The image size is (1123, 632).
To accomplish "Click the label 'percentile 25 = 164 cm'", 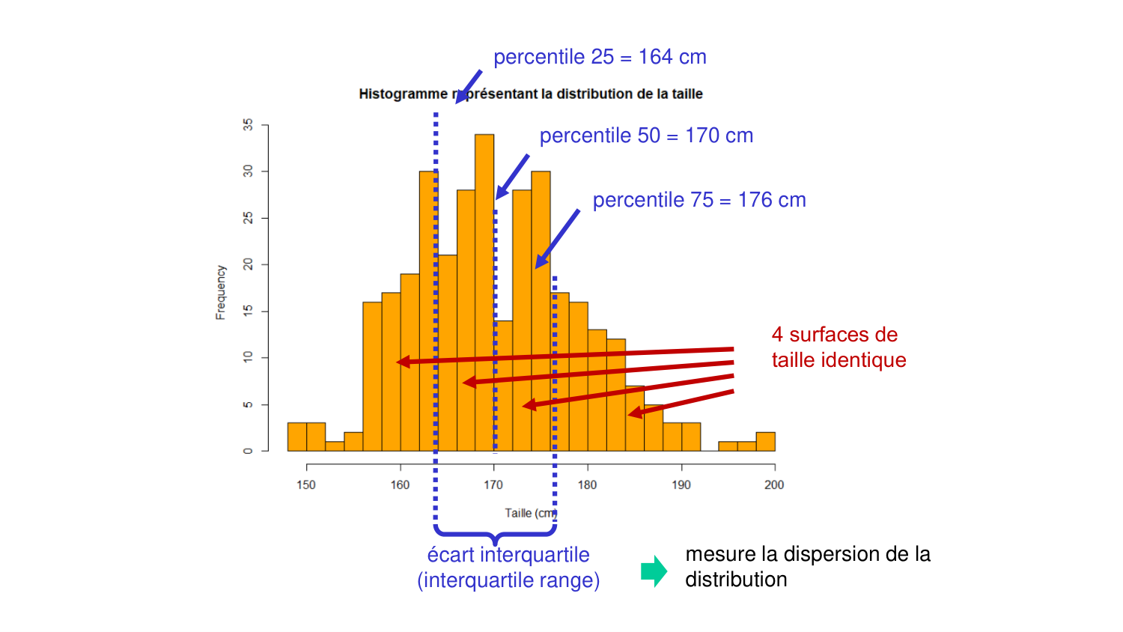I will click(x=600, y=57).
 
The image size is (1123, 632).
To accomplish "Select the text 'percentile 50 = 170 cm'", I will click(x=646, y=136).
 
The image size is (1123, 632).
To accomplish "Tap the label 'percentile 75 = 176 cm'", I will click(x=699, y=200).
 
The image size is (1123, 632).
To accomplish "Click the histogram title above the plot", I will click(x=530, y=94).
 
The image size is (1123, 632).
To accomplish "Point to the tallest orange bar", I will click(x=484, y=292).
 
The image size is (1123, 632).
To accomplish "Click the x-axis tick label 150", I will click(x=306, y=484).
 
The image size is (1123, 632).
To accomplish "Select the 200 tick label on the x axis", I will click(x=774, y=484).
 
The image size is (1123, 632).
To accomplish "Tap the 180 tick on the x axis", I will click(x=587, y=484).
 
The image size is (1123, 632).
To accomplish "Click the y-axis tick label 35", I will click(x=248, y=125).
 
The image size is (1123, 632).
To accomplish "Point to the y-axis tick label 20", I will click(x=248, y=264).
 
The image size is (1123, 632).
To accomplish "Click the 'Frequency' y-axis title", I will click(x=221, y=292).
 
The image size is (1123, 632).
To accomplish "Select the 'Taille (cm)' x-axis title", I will click(x=530, y=513).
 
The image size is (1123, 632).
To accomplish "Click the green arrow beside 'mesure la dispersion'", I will click(x=654, y=571).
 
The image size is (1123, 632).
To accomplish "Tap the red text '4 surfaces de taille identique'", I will click(x=839, y=347).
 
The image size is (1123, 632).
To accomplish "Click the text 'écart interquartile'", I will click(x=508, y=555).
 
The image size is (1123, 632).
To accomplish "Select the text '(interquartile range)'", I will click(x=508, y=580).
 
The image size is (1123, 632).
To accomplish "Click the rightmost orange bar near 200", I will click(x=765, y=442).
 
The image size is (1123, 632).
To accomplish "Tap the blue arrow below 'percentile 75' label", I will click(x=557, y=239).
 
